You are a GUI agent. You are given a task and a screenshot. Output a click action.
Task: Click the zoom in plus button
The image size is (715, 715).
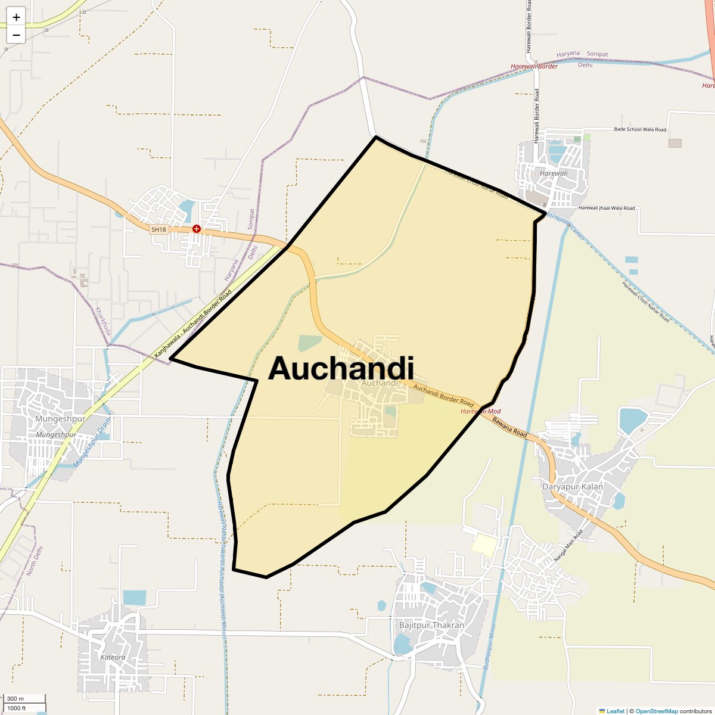click(x=16, y=17)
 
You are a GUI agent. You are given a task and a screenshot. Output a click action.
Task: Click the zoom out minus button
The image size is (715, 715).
click(x=16, y=35)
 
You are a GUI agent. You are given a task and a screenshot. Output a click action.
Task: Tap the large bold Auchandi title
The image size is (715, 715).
click(x=341, y=368)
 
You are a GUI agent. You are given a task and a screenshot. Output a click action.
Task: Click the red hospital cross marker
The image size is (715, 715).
click(x=196, y=229)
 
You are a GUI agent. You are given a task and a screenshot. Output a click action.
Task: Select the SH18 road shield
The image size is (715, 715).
click(x=158, y=229)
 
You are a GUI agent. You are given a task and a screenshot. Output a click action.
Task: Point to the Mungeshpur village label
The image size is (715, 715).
click(x=61, y=419)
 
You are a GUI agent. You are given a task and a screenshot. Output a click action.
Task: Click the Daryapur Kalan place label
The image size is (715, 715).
click(x=572, y=487)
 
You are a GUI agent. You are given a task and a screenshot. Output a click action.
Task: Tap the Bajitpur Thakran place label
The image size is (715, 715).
click(x=431, y=626)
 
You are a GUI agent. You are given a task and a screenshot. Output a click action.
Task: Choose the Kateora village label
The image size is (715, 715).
click(x=113, y=657)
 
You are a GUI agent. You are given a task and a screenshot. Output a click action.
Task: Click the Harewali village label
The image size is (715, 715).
click(x=554, y=173)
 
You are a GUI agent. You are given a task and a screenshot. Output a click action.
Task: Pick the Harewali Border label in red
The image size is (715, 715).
click(x=534, y=66)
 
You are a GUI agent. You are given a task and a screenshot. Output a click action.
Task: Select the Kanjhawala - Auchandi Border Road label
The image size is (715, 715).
click(x=192, y=325)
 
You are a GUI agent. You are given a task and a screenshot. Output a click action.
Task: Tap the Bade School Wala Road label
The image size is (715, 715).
click(x=640, y=129)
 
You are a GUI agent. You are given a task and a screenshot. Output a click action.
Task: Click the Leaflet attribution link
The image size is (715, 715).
click(x=615, y=711)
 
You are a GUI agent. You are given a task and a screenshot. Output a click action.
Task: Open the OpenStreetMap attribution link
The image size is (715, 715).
click(x=656, y=711)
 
